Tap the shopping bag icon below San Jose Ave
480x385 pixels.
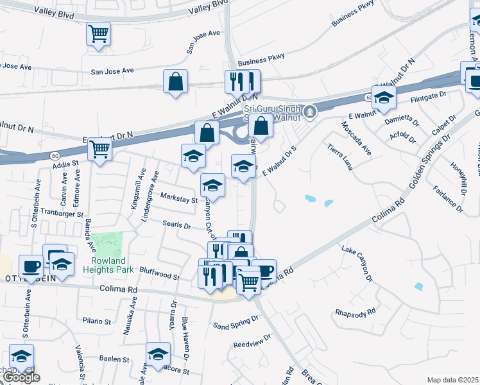pyautogui.click(x=175, y=81)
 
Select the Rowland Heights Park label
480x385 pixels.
pyautogui.click(x=108, y=265)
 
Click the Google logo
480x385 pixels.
pyautogui.click(x=21, y=377)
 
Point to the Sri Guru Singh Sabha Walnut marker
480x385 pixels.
pyautogui.click(x=310, y=112)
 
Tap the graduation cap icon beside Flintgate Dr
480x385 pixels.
pyautogui.click(x=384, y=98)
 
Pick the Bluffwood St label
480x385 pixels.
pyautogui.click(x=159, y=277)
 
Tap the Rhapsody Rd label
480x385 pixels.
pyautogui.click(x=355, y=312)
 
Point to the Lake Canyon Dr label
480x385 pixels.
pyautogui.click(x=357, y=263)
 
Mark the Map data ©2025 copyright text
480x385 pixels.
pyautogui.click(x=452, y=380)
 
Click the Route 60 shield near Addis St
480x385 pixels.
pyautogui.click(x=55, y=157)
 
